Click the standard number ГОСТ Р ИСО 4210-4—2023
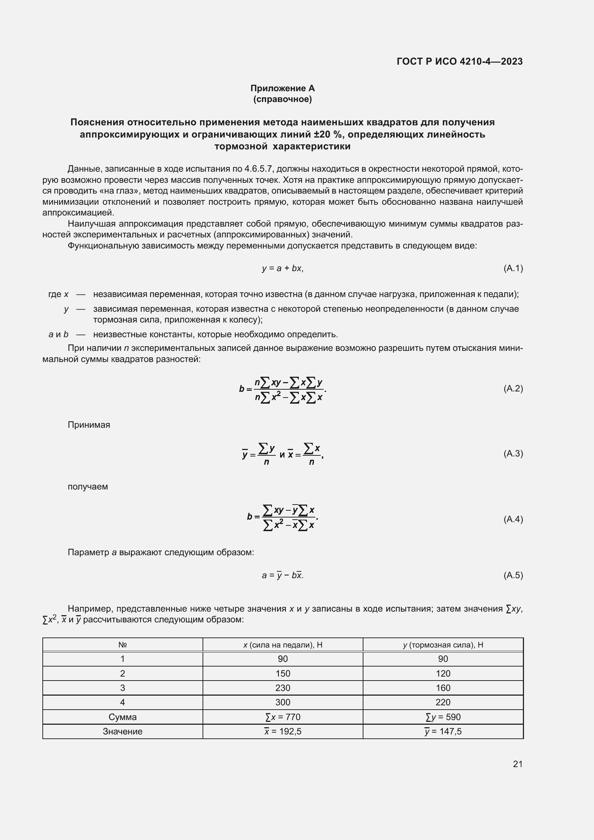pyautogui.click(x=459, y=61)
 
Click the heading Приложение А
pyautogui.click(x=282, y=88)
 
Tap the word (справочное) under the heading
pyautogui.click(x=282, y=99)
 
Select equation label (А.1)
pyautogui.click(x=513, y=268)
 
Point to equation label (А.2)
pyautogui.click(x=513, y=388)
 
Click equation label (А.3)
pyautogui.click(x=513, y=454)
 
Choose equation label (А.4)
pyautogui.click(x=513, y=519)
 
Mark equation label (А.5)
pyautogui.click(x=513, y=575)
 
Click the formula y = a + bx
pyautogui.click(x=282, y=268)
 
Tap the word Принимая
pyautogui.click(x=89, y=425)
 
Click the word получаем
pyautogui.click(x=88, y=487)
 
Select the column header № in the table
pyautogui.click(x=122, y=645)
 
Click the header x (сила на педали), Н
pyautogui.click(x=283, y=645)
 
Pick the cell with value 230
pyautogui.click(x=283, y=688)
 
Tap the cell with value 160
pyautogui.click(x=443, y=688)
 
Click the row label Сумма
pyautogui.click(x=122, y=717)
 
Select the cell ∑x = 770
pyautogui.click(x=283, y=717)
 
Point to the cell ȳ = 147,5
pyautogui.click(x=443, y=731)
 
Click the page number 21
pyautogui.click(x=517, y=764)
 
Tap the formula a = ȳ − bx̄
pyautogui.click(x=282, y=575)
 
